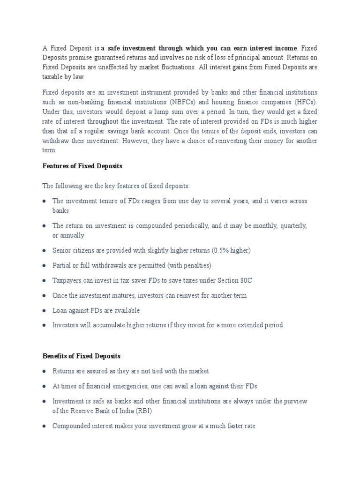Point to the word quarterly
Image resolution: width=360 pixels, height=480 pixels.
292,225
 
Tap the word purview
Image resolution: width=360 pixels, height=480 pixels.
294,401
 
